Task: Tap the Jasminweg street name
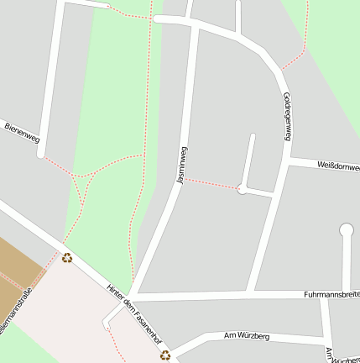click(x=181, y=165)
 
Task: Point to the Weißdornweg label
click(x=338, y=166)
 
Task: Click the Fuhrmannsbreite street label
click(x=331, y=295)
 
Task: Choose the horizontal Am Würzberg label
click(x=246, y=336)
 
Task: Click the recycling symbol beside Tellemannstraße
click(x=66, y=258)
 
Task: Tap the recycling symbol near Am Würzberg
click(x=166, y=355)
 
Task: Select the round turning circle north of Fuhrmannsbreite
click(x=346, y=229)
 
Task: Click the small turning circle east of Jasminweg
click(x=242, y=189)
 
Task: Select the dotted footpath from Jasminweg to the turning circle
click(x=211, y=183)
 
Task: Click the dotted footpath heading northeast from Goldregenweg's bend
click(x=299, y=46)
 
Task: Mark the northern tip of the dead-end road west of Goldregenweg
click(x=252, y=136)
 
